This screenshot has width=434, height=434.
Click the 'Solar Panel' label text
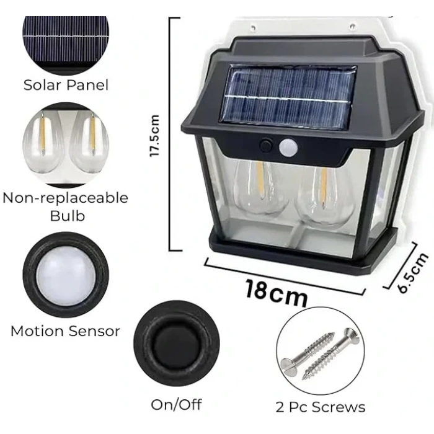66,85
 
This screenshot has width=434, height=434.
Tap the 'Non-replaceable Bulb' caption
65,206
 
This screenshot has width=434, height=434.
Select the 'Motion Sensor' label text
65,331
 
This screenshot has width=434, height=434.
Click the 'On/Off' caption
177,405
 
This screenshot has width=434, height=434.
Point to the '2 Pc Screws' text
321,407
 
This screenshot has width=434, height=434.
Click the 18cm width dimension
276,292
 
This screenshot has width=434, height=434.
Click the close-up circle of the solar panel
66,37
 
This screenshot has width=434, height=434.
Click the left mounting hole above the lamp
254,27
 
